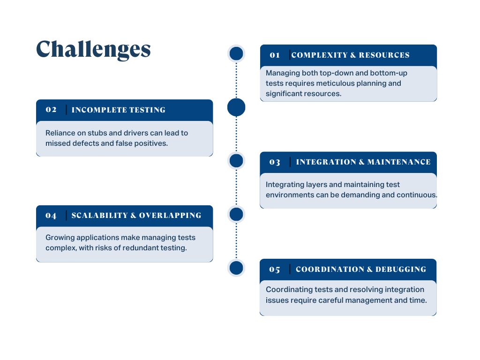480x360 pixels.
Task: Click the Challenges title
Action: pyautogui.click(x=93, y=49)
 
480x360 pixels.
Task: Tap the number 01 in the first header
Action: pyautogui.click(x=275, y=55)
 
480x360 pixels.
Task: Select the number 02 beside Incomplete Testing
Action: pyautogui.click(x=51, y=110)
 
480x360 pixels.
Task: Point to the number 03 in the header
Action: pyautogui.click(x=275, y=162)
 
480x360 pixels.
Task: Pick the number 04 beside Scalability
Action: pyautogui.click(x=51, y=216)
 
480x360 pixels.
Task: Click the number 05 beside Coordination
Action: pyautogui.click(x=275, y=270)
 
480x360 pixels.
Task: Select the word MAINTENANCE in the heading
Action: pyautogui.click(x=399, y=162)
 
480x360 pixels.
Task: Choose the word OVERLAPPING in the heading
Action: pyautogui.click(x=170, y=216)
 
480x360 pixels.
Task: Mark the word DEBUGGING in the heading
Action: pyautogui.click(x=401, y=270)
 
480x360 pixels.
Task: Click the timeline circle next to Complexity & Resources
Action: pyautogui.click(x=236, y=53)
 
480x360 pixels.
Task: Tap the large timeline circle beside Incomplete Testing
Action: pyautogui.click(x=236, y=107)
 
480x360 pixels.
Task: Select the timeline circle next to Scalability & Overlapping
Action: pyautogui.click(x=236, y=214)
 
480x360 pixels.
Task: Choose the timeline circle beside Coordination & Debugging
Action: pyautogui.click(x=236, y=268)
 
